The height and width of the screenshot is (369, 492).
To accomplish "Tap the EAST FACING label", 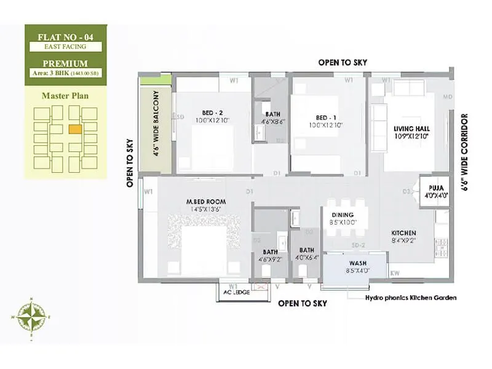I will [65, 46].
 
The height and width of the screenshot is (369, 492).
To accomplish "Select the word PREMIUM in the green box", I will [65, 63].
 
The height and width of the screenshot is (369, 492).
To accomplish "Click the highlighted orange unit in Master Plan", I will [75, 129].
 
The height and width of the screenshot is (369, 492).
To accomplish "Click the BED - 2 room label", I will [212, 113].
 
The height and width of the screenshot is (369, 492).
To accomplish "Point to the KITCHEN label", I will [404, 233].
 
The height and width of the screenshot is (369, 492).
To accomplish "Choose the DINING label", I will [343, 215].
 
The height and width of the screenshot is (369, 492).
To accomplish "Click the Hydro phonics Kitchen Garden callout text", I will [411, 298].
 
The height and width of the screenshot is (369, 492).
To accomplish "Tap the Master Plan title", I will [65, 95].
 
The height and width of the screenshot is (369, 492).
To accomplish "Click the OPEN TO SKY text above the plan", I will [343, 63].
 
